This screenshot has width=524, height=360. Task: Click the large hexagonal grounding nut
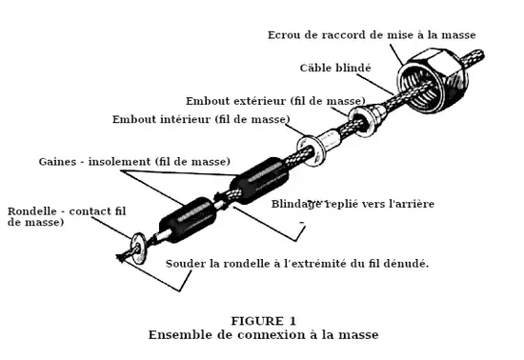pos(432,81)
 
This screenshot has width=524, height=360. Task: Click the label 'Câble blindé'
pos(335,68)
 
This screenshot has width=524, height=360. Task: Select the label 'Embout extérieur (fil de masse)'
pos(275,101)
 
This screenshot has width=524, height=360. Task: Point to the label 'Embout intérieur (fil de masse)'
pos(201,119)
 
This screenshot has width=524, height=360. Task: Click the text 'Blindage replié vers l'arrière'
pos(353,204)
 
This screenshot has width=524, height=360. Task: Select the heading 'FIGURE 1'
pos(263,321)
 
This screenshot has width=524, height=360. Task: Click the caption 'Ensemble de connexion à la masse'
pos(263,334)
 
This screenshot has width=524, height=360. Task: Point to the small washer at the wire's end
pos(139,248)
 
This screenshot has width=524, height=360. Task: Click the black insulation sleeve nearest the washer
pos(188,219)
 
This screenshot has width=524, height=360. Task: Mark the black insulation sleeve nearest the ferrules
pos(259,181)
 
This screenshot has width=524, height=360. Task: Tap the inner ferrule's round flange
pos(311,150)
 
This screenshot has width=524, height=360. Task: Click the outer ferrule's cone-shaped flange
pos(367,120)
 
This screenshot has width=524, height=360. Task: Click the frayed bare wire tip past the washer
pos(123,256)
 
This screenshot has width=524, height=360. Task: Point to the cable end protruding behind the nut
pos(473,58)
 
